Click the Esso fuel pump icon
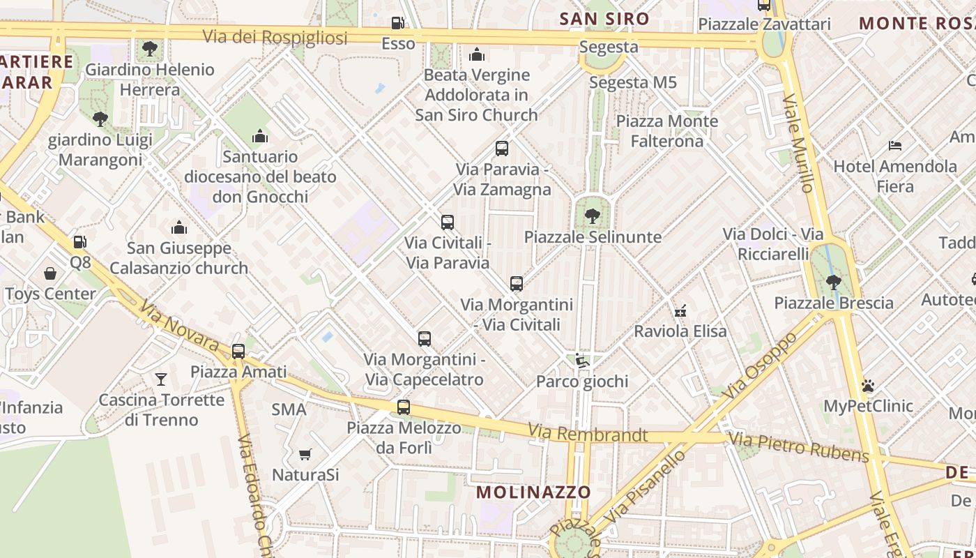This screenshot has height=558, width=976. (397, 23)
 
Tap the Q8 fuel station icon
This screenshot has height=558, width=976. (80, 242)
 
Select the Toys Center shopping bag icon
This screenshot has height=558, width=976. (50, 273)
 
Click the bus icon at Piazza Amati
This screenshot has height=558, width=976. (238, 351)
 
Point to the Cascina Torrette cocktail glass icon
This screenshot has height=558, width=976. (161, 379)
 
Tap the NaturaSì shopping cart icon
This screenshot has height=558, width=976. (305, 455)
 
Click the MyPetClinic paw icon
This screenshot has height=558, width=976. (868, 385)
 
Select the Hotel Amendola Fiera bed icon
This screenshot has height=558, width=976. (895, 146)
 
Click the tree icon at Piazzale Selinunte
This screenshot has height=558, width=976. (592, 216)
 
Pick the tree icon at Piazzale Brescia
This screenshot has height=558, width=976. (833, 282)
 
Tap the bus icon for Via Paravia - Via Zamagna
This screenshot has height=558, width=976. (501, 148)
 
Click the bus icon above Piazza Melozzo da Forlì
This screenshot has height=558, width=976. (403, 407)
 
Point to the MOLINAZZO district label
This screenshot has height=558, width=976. (533, 492)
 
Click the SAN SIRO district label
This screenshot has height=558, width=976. (604, 19)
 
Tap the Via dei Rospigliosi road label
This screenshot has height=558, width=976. (275, 37)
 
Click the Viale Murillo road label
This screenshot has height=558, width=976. (798, 143)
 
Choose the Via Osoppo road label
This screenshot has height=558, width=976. (760, 365)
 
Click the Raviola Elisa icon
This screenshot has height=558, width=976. (681, 310)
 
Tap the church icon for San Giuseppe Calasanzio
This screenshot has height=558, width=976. (179, 227)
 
